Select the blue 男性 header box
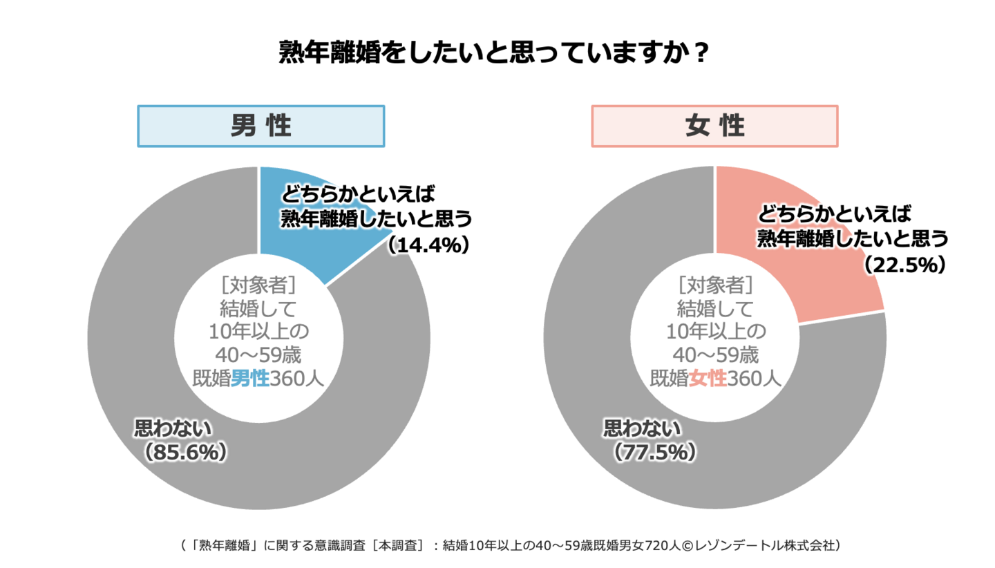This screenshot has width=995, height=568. [260, 126]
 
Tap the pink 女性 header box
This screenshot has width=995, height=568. [714, 126]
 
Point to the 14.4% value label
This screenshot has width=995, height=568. [428, 244]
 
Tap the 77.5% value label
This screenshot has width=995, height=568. [654, 452]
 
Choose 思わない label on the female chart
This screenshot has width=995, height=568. [642, 428]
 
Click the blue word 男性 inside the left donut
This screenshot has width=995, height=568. [249, 378]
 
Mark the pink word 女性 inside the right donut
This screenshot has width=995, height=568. [708, 378]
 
